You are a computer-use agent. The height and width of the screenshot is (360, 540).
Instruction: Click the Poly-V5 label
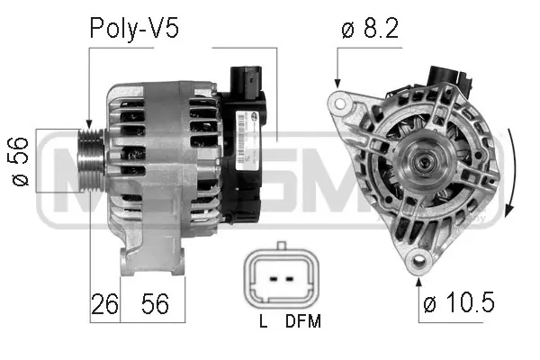[134, 30]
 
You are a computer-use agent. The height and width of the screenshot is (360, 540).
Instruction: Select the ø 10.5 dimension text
[459, 304]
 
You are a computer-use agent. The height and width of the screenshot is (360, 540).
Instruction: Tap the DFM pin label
[302, 321]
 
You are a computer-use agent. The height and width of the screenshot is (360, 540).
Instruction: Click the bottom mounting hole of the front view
[416, 262]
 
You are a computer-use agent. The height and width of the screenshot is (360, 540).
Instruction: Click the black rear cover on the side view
[243, 157]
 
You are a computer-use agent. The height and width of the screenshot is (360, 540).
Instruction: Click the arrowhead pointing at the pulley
[89, 124]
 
